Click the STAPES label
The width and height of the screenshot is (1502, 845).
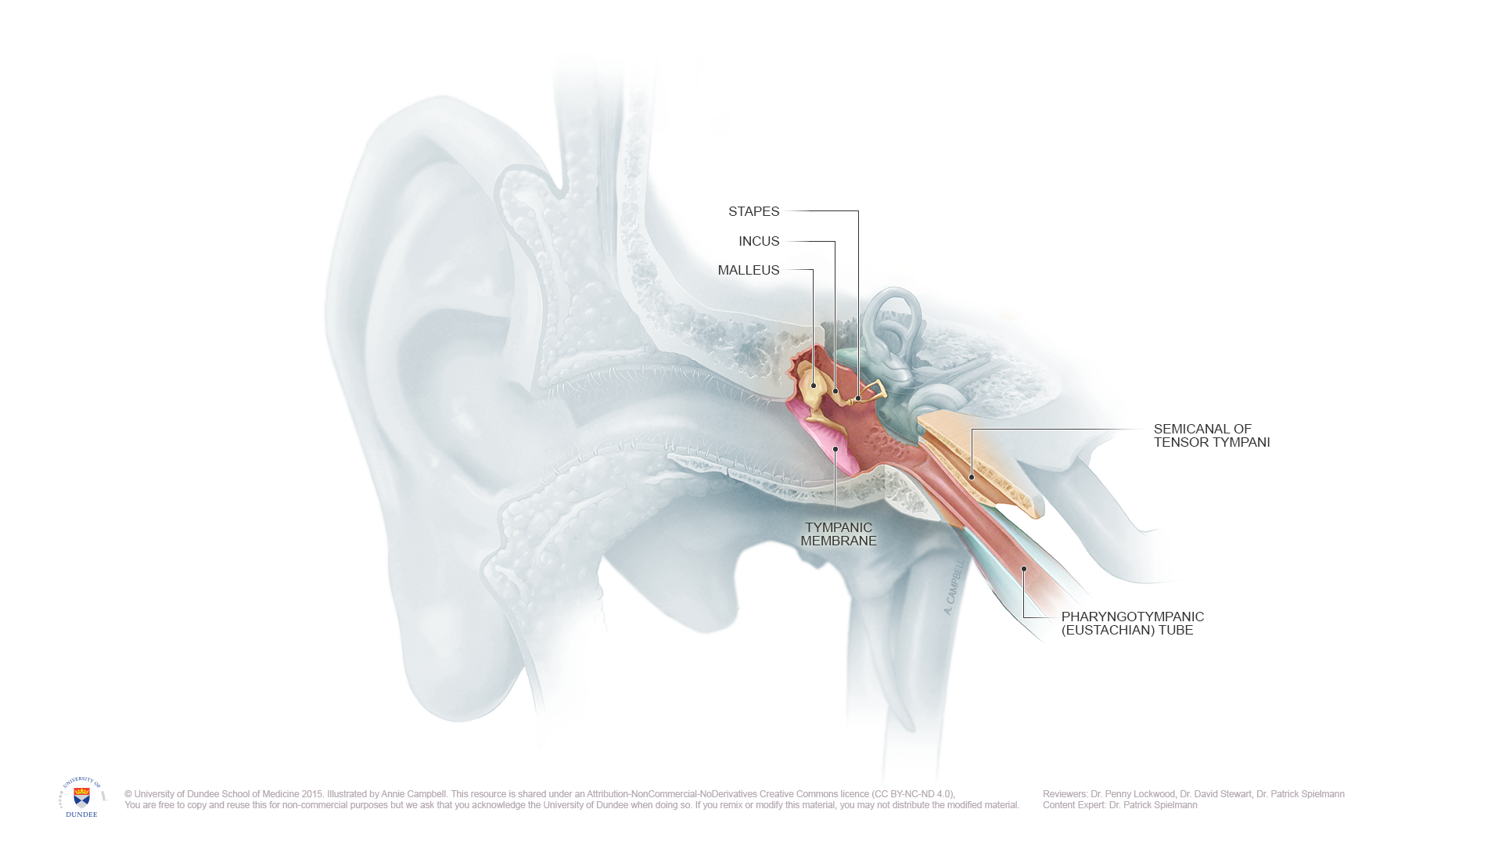pyautogui.click(x=753, y=211)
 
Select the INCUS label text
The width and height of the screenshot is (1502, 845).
pyautogui.click(x=759, y=241)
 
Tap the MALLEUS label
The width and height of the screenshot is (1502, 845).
pyautogui.click(x=749, y=270)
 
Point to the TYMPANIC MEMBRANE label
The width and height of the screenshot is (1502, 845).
pyautogui.click(x=838, y=534)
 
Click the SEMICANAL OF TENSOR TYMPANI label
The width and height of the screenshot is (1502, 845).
pyautogui.click(x=1211, y=436)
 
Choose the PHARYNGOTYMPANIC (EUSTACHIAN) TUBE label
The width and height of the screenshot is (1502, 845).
pyautogui.click(x=1132, y=624)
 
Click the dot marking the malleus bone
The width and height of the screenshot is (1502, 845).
pyautogui.click(x=814, y=386)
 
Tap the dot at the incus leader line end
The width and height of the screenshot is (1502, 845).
pyautogui.click(x=835, y=391)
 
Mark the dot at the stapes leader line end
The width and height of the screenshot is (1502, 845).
pyautogui.click(x=858, y=398)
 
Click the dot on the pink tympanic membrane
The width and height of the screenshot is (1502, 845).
pyautogui.click(x=835, y=449)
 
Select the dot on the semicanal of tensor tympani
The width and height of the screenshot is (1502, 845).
pyautogui.click(x=972, y=477)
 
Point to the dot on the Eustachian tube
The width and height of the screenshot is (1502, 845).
pyautogui.click(x=1023, y=569)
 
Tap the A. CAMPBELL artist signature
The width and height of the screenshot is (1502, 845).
pyautogui.click(x=954, y=587)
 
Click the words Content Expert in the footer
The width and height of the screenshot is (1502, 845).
pyautogui.click(x=1073, y=805)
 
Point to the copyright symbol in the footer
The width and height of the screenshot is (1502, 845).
pyautogui.click(x=128, y=794)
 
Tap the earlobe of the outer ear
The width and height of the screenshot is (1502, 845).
pyautogui.click(x=454, y=665)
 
